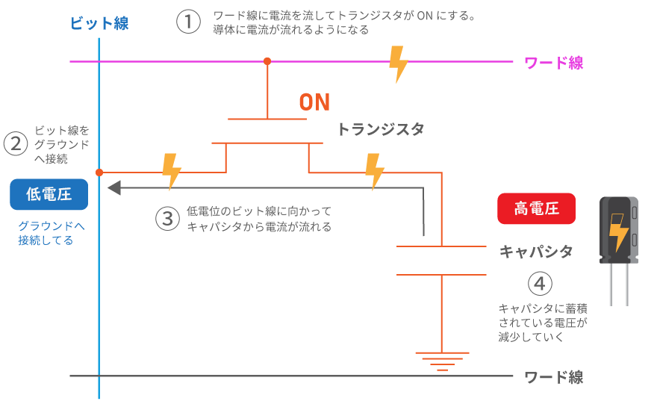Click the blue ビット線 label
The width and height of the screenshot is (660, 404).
(99, 23)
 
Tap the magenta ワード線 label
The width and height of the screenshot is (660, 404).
(553, 63)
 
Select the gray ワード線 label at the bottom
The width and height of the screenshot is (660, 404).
(553, 377)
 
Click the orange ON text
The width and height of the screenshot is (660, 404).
(314, 102)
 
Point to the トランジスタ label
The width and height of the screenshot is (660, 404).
(380, 129)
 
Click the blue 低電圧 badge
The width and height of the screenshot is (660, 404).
(49, 195)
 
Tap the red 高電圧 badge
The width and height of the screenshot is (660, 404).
(536, 209)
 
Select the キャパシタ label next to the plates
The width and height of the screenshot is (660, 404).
(535, 252)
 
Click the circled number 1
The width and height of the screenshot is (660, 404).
(188, 22)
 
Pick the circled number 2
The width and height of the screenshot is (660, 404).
(15, 143)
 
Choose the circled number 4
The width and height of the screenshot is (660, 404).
(541, 284)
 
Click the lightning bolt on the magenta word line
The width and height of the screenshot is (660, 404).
(399, 63)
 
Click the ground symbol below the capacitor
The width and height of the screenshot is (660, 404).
(442, 361)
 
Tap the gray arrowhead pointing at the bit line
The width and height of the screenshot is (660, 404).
(114, 187)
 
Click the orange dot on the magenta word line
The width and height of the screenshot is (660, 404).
(267, 61)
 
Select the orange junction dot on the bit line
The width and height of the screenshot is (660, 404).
(99, 173)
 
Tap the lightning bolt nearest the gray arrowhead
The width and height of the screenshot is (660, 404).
(172, 171)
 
